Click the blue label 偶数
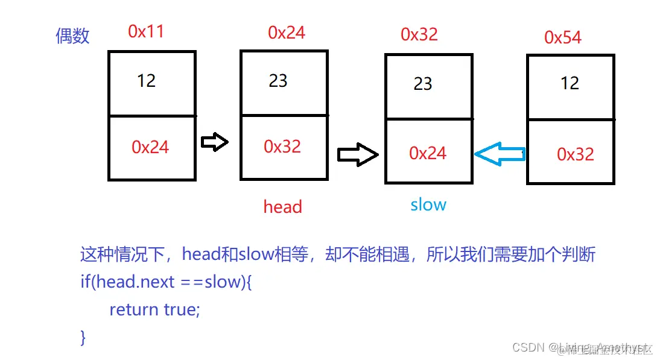click(72, 36)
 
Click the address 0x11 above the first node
click(146, 31)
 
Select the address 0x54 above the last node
click(562, 37)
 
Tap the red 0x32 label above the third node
click(419, 34)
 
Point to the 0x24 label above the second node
click(287, 32)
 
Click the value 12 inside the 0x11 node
click(146, 80)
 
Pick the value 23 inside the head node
click(278, 81)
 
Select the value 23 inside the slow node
click(423, 83)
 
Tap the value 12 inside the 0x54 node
click(570, 83)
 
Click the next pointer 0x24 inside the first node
click(150, 147)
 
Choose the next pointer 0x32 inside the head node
click(282, 147)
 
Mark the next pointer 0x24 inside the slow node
click(428, 153)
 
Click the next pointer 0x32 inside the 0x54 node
click(576, 154)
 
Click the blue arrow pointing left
click(500, 154)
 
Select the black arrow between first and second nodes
click(214, 142)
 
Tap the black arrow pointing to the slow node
click(357, 155)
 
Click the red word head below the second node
click(282, 207)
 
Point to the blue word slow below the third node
click(428, 204)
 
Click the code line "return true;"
click(154, 310)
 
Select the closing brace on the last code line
click(83, 337)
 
